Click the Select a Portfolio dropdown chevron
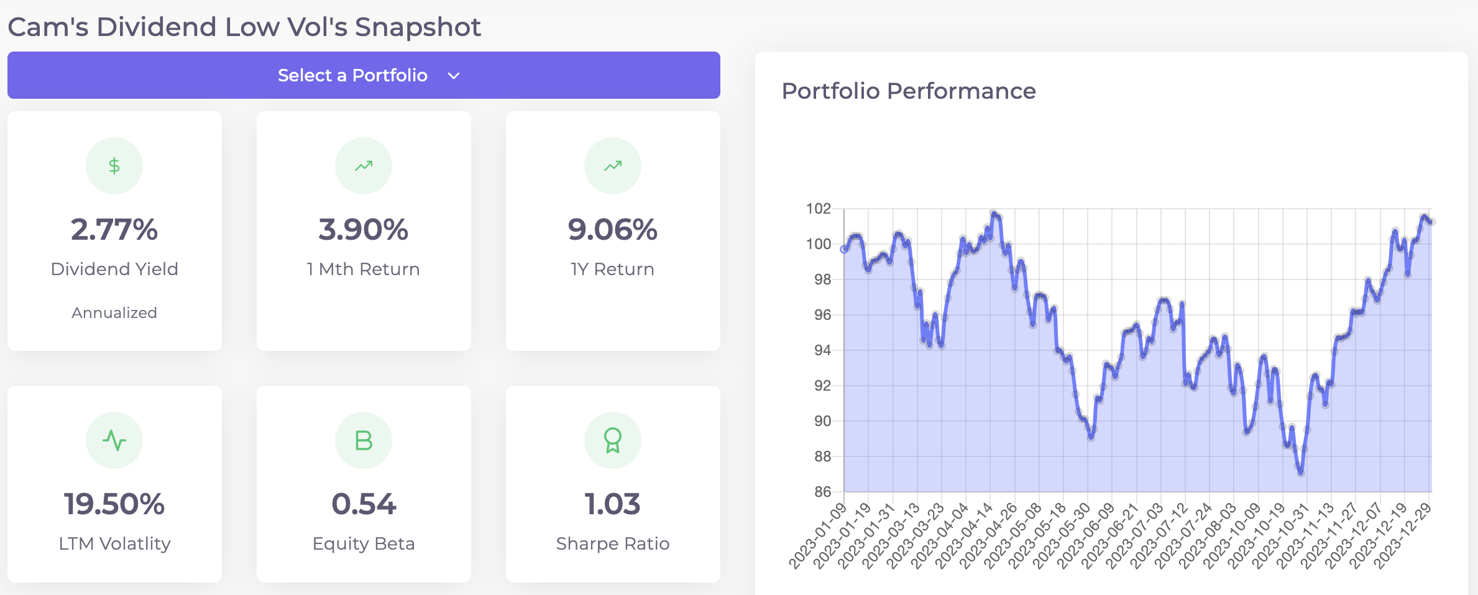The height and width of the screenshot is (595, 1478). click(454, 76)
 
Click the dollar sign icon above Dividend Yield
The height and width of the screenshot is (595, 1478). click(114, 166)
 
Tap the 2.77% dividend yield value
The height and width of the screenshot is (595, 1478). click(114, 229)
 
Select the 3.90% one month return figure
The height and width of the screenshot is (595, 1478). click(364, 229)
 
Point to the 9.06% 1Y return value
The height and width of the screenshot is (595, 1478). click(613, 229)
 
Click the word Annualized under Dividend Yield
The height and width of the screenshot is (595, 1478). click(114, 312)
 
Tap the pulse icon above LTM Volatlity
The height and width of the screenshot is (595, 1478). click(114, 440)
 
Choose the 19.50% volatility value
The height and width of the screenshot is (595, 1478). click(114, 504)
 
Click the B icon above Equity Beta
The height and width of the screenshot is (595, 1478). click(364, 440)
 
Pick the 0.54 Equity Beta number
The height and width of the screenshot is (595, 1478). click(364, 504)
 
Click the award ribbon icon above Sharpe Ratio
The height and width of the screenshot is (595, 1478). click(613, 440)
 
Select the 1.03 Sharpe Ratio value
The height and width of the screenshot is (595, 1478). click(613, 504)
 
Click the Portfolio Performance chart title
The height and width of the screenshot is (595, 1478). click(909, 91)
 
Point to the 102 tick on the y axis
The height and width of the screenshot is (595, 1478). click(819, 209)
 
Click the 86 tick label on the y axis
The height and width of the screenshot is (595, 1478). click(822, 492)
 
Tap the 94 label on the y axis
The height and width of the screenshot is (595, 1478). click(822, 350)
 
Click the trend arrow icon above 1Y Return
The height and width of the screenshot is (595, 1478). click(613, 166)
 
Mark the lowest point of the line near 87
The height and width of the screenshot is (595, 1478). click(1301, 473)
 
